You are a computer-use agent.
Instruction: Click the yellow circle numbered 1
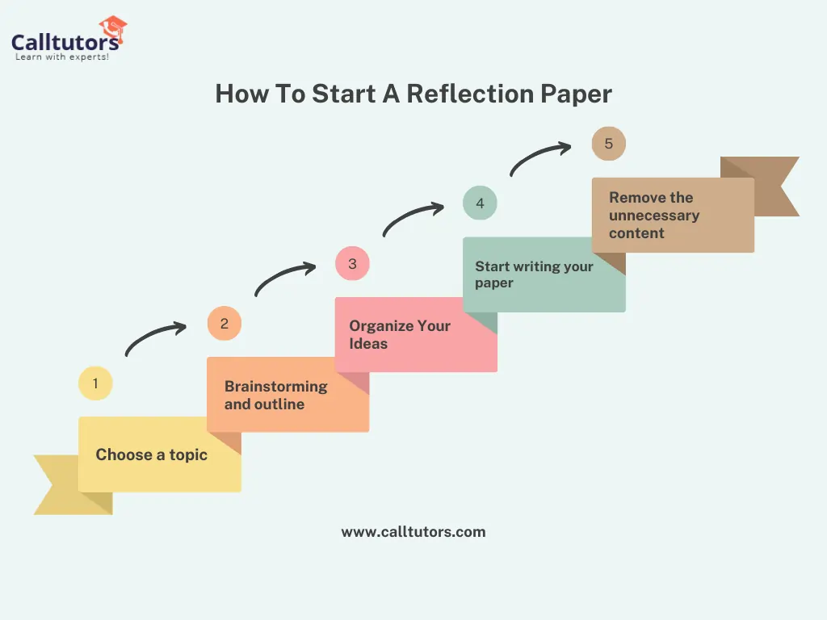pos(95,383)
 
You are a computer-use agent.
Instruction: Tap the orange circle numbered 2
pos(225,323)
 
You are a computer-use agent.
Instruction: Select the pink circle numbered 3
pos(352,263)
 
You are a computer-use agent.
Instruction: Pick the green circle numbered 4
pos(480,203)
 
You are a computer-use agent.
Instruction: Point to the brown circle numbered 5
pos(609,144)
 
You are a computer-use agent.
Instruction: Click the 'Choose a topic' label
pos(151,455)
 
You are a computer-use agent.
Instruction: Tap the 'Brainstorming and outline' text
pos(276,395)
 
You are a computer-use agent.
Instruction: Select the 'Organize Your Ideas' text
pos(400,334)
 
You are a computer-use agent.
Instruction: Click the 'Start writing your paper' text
pos(535,274)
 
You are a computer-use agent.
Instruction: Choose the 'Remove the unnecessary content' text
pos(654,215)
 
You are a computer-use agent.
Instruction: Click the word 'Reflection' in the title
pos(470,94)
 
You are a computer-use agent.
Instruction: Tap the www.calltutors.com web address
pos(413,532)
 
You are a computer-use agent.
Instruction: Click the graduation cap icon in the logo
pos(113,28)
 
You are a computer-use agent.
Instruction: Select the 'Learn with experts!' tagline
pos(62,57)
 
